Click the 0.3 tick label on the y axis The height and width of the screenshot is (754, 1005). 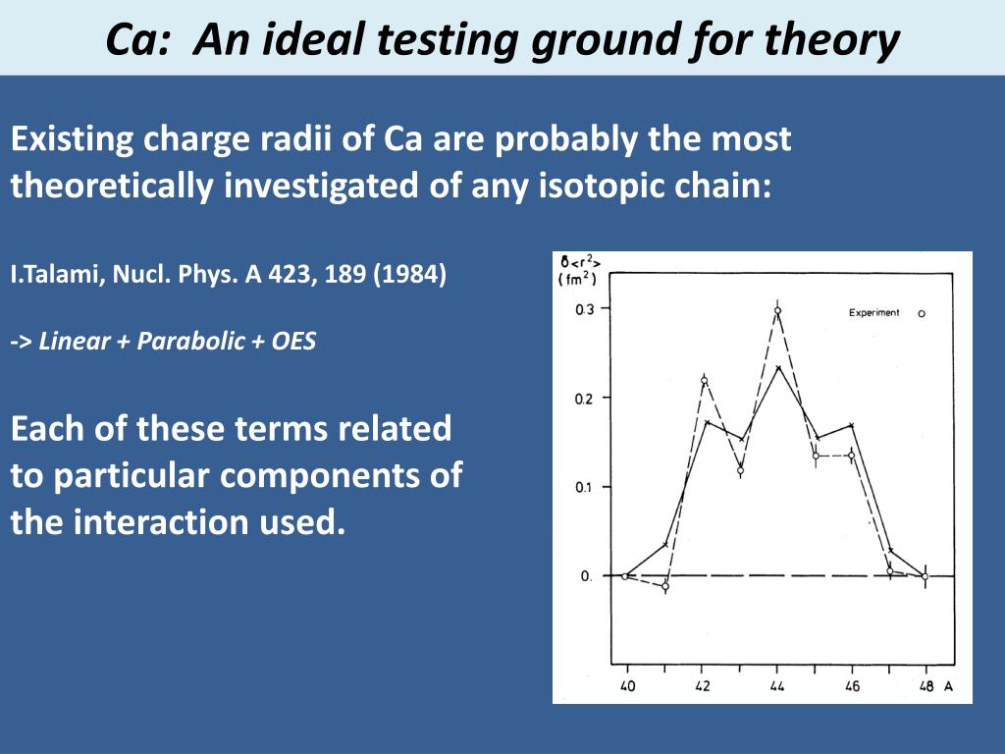tap(585, 309)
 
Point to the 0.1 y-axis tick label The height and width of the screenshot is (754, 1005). tap(585, 487)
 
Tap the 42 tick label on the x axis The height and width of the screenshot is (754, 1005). tap(703, 686)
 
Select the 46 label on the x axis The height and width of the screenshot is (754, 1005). tap(852, 686)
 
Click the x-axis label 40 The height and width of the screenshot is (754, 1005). tap(627, 686)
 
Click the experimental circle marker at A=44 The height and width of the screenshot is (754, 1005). tap(777, 311)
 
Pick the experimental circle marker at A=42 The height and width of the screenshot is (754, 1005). tap(704, 380)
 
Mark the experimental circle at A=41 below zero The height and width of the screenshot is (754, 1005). tap(665, 586)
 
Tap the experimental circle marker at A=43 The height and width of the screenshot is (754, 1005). tap(740, 470)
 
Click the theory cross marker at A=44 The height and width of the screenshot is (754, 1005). tap(778, 367)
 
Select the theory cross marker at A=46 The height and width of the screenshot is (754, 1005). tap(851, 425)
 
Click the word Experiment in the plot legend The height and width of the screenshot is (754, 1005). tap(874, 313)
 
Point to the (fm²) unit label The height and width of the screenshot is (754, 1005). tap(577, 279)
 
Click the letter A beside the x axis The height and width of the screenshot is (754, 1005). tap(949, 686)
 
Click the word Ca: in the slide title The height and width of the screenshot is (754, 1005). tap(137, 39)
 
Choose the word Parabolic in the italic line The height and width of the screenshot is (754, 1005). tap(191, 341)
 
